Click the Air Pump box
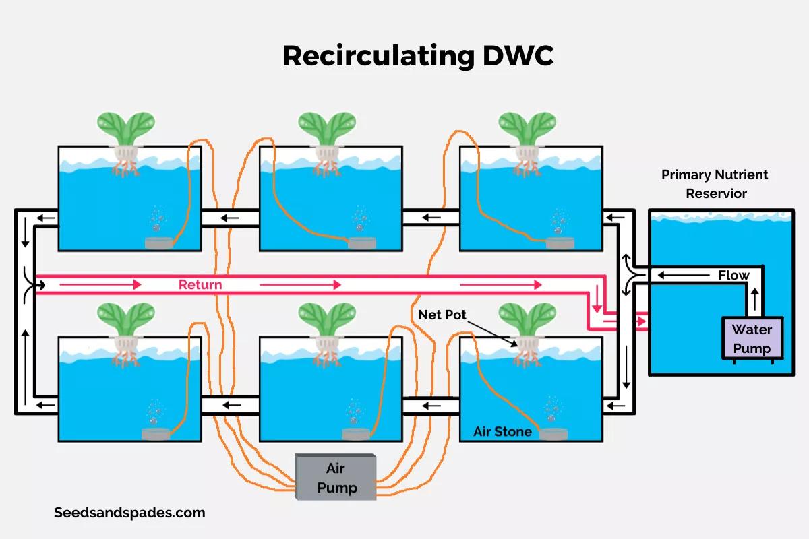coord(336,477)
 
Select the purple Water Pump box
coord(752,338)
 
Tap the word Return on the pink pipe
coord(200,284)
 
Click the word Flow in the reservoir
coord(733,275)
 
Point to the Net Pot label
coord(442,315)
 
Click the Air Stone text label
coord(502,431)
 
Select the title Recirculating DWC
coord(417,56)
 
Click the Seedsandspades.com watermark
coord(129,512)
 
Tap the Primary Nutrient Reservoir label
coord(715,184)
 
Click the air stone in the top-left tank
coord(159,244)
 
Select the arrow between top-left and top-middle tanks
coord(230,218)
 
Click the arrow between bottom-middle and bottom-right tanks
coord(431,406)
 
